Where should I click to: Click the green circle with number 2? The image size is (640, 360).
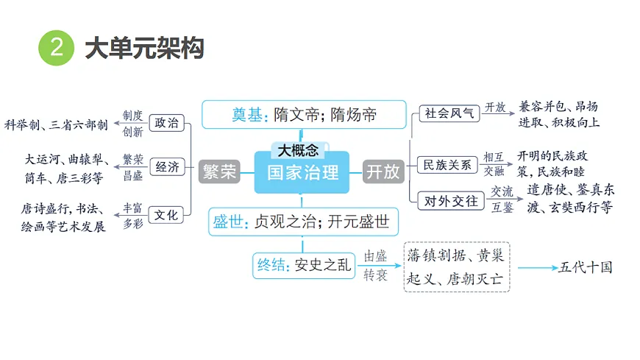point(57,48)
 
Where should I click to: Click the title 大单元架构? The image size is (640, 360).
point(144,48)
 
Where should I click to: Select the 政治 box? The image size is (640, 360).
point(166,123)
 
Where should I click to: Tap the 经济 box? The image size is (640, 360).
point(167,166)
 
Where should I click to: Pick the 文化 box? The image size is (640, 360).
point(166,215)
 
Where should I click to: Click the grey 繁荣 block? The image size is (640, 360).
point(220,172)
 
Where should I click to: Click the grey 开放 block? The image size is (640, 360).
point(383,172)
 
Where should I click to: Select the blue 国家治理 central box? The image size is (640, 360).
point(302,172)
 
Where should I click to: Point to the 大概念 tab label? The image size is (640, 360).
point(299,150)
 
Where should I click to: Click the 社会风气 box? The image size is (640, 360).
point(449,113)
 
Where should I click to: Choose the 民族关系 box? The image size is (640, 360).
point(447,165)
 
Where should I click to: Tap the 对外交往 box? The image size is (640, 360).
point(451,201)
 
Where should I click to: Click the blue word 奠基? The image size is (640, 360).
point(246,115)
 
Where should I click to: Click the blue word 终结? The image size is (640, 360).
point(271,265)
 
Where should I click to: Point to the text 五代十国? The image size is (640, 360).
point(586,267)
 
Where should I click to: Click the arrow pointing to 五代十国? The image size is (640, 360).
point(538,268)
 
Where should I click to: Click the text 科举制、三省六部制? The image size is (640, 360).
point(56,124)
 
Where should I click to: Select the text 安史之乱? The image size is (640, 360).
point(322,265)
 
